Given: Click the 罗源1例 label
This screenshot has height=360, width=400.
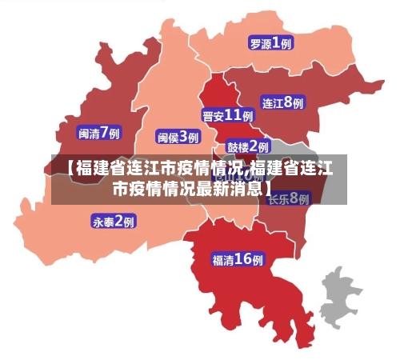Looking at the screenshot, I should click(270, 44).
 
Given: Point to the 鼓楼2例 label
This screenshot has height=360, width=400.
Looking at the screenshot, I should click(247, 146).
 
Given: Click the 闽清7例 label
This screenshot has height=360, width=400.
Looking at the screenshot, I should click(98, 132).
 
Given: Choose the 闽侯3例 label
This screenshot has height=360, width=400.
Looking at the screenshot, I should click(178, 137).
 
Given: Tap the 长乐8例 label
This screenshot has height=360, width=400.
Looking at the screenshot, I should click(288, 198).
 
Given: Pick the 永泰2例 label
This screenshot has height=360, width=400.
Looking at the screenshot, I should click(113, 221).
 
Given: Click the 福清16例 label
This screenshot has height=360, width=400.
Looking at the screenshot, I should click(238, 259).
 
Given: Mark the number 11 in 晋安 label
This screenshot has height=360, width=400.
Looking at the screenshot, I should click(234, 115).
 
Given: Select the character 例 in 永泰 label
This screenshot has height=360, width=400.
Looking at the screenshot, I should click(128, 221).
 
